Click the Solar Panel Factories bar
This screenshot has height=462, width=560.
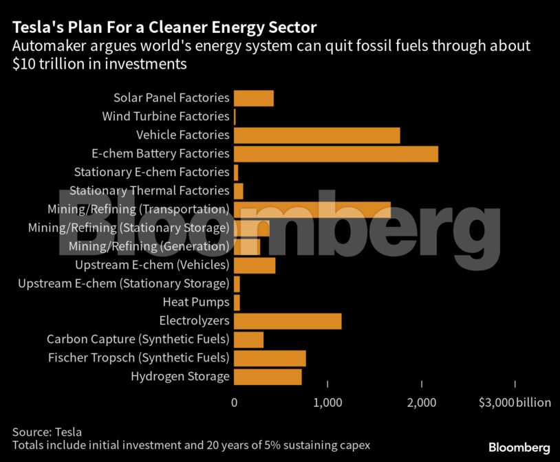(254, 98)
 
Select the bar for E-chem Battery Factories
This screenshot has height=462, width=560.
(336, 154)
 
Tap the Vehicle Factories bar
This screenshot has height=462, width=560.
(316, 135)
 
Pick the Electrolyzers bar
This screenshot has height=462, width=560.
(288, 321)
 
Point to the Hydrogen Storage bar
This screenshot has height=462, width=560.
(268, 377)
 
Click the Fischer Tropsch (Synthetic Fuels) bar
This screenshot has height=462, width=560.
(270, 358)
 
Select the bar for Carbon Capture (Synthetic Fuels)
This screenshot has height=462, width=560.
(248, 340)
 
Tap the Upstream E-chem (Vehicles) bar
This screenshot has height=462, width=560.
(255, 265)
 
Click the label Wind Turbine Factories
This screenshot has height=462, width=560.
(165, 117)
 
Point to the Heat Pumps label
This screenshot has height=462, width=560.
(195, 302)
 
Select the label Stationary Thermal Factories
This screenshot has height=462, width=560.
(149, 191)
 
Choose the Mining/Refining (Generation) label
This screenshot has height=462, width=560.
(149, 247)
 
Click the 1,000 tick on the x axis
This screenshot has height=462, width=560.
(328, 403)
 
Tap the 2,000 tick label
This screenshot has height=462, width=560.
(422, 403)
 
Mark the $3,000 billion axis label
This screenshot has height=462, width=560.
(515, 403)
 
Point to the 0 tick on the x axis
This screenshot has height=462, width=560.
(235, 403)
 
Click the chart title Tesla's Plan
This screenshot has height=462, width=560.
(164, 28)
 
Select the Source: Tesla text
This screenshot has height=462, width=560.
(47, 432)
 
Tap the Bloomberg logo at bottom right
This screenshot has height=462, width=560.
(519, 448)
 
